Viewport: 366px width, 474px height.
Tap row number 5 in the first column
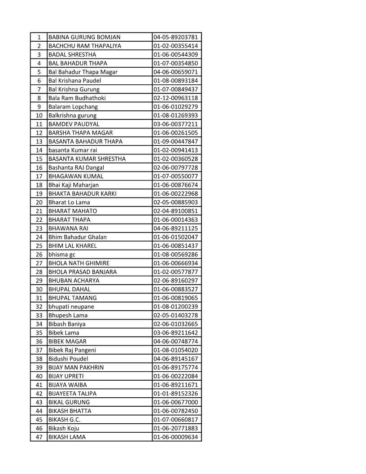click(39, 72)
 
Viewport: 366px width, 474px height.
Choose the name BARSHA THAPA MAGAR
click(81, 133)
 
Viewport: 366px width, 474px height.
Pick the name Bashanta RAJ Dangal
click(76, 167)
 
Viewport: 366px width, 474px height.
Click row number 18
click(39, 185)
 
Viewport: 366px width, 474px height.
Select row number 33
click(39, 315)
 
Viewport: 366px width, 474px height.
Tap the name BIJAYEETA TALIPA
click(72, 394)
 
